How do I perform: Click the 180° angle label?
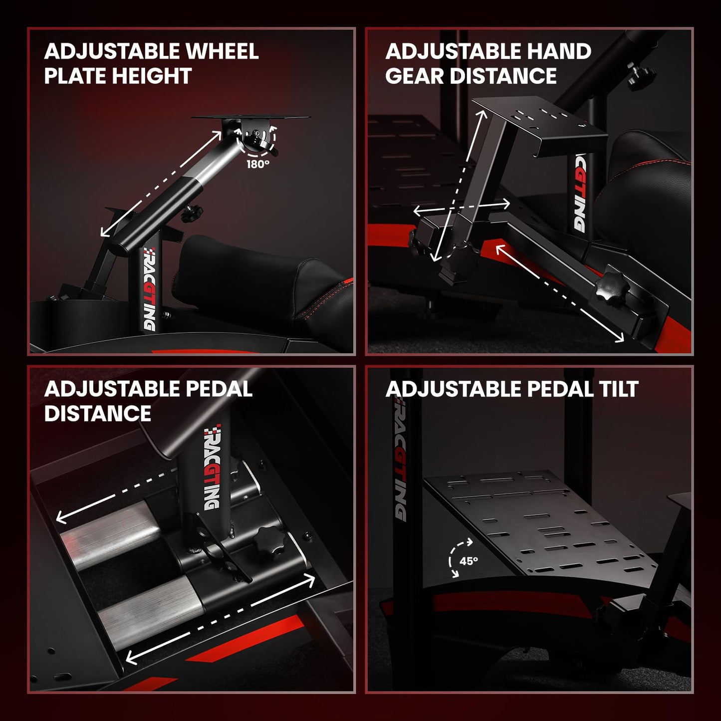click(257, 164)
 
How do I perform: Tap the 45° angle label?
click(469, 561)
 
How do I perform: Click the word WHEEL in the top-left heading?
click(222, 51)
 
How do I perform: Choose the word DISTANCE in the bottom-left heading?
click(98, 414)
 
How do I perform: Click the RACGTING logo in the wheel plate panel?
click(149, 289)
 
